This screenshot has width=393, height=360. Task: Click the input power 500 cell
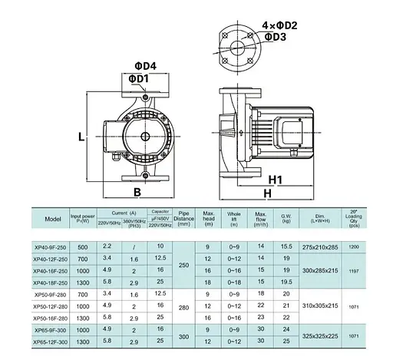coord(84,246)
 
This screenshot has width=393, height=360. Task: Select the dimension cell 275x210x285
coord(319,246)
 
